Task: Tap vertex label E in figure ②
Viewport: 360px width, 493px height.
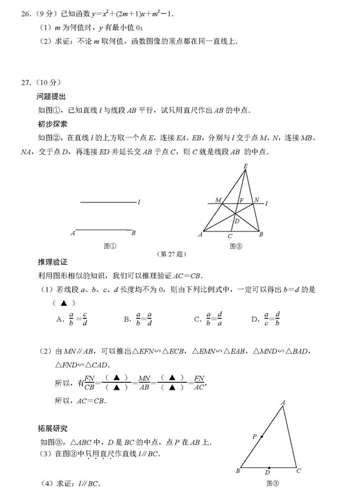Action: (246, 166)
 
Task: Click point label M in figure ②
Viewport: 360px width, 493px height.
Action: (218, 200)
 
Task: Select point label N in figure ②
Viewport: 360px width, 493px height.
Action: (256, 200)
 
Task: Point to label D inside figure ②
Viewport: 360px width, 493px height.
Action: (237, 221)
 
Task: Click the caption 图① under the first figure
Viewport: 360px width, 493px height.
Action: (108, 245)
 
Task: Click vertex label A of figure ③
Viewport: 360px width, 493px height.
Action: (283, 402)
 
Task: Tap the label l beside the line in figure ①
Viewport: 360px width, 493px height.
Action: (139, 202)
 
